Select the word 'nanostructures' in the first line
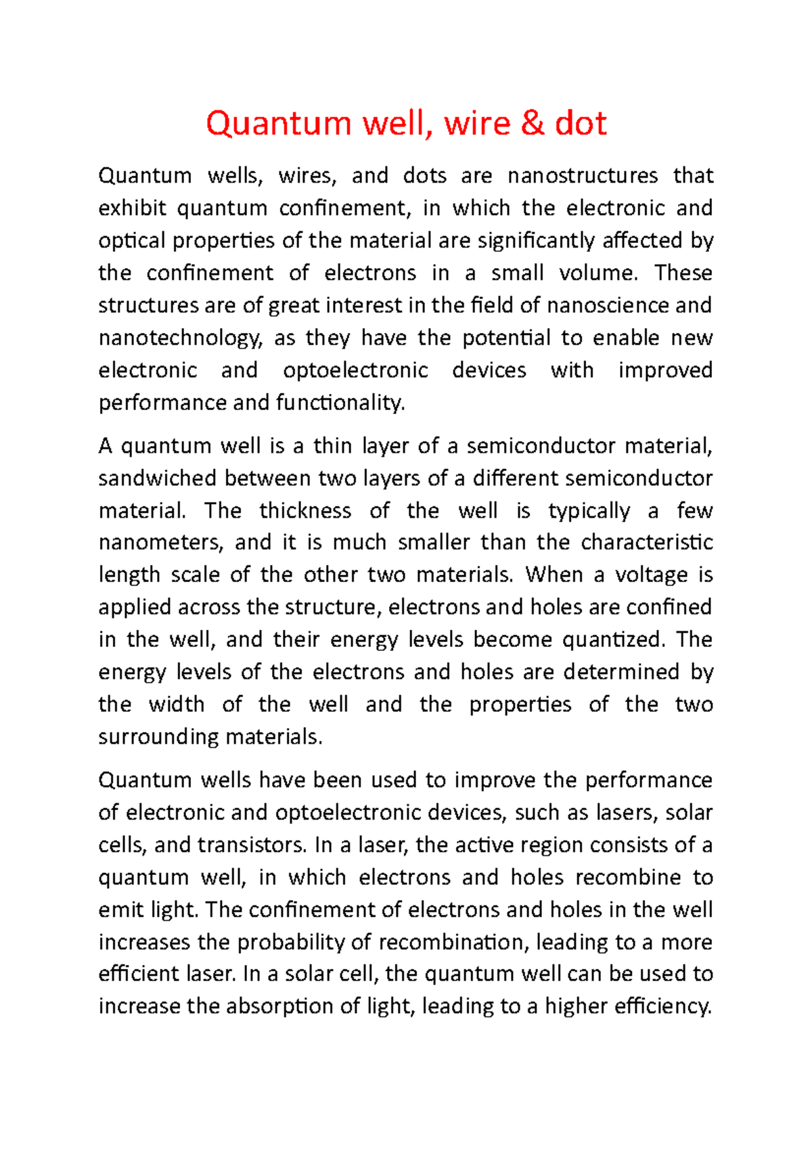coord(582,176)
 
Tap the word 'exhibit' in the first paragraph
coord(132,208)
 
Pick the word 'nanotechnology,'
coord(180,338)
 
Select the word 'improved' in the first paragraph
coord(664,370)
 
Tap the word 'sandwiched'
coord(158,478)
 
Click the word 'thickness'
coord(304,510)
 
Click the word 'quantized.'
coord(614,639)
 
